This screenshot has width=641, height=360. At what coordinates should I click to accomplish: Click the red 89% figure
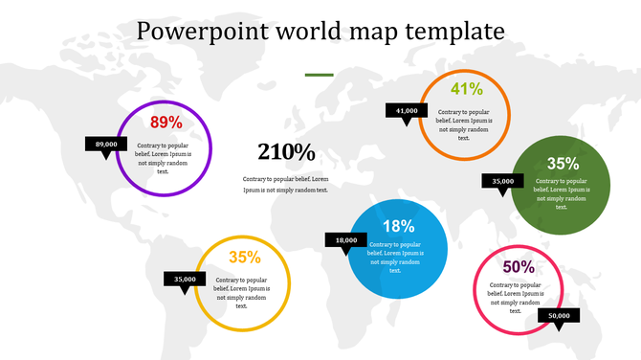point(166,123)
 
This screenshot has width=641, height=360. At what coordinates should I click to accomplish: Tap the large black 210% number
point(286,152)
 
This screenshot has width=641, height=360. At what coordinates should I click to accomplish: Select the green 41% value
point(466,90)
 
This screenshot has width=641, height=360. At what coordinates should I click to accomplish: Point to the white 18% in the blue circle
point(398,227)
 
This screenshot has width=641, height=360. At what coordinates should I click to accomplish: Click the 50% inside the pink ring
point(518,267)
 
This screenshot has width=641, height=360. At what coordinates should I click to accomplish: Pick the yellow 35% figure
point(245,257)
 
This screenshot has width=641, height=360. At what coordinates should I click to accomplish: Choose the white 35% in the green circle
point(563,164)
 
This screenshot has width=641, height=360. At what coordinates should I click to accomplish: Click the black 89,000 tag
point(106,145)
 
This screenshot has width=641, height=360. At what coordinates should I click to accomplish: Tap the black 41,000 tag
point(407,111)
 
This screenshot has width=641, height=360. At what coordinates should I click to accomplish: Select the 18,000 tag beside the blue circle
point(346,240)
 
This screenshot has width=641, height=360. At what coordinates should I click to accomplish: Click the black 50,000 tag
point(560,316)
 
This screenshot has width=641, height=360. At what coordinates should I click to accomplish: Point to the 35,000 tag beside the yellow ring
point(186,280)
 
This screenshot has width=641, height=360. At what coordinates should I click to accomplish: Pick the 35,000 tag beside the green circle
point(503,181)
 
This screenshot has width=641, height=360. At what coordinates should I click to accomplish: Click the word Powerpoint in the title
point(197,31)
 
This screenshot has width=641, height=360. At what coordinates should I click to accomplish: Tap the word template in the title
point(455,31)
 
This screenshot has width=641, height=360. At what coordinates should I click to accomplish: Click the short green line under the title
point(319,74)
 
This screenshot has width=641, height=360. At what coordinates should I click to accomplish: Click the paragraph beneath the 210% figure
point(285,184)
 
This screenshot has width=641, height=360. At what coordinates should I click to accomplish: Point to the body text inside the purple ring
point(163,158)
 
